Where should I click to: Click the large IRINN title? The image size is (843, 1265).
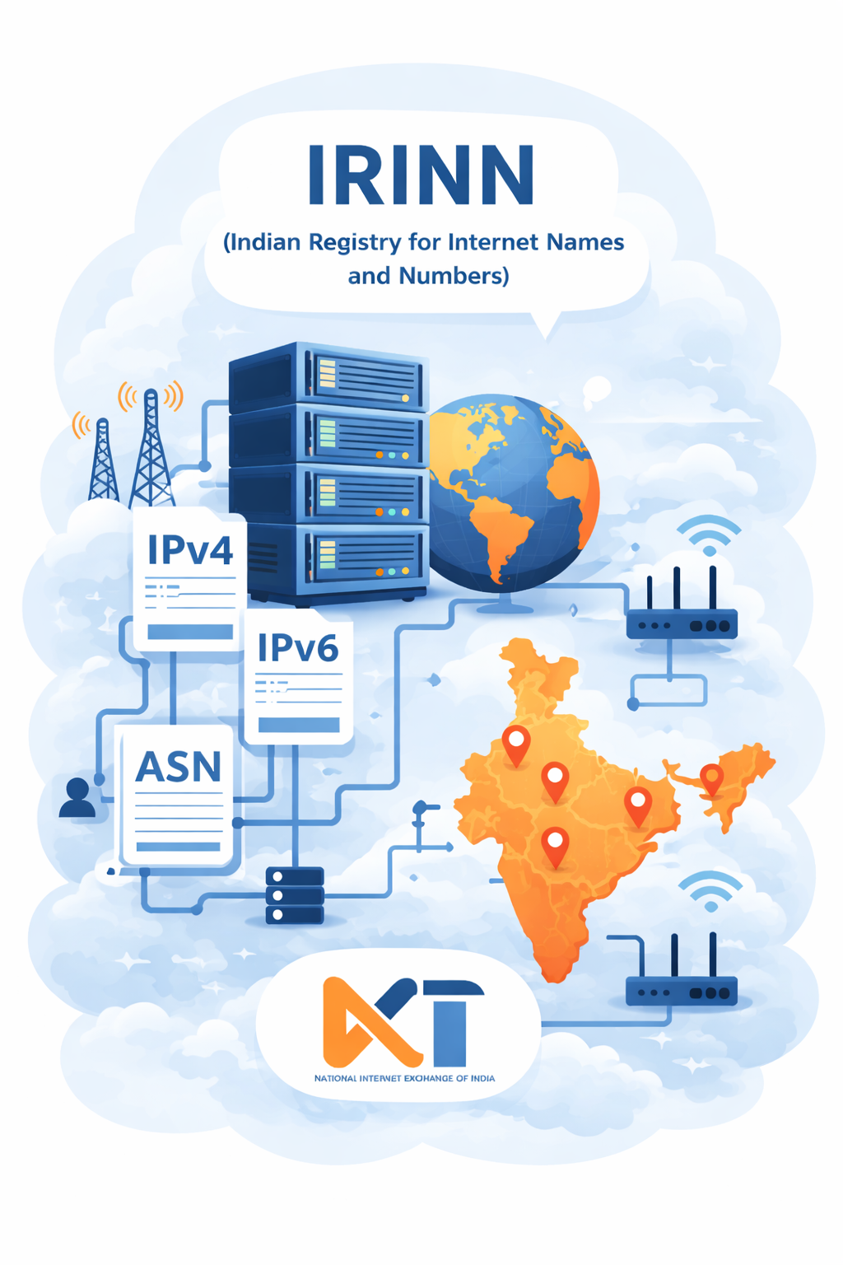(421, 175)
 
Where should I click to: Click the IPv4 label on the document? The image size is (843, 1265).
(189, 549)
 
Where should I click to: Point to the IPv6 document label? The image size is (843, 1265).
(298, 648)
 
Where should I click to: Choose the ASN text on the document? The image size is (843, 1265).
(178, 767)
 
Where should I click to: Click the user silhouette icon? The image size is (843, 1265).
(77, 797)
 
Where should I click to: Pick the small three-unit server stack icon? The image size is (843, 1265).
(294, 896)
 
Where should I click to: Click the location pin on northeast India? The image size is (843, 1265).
(711, 779)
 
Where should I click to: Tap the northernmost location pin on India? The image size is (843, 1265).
(516, 745)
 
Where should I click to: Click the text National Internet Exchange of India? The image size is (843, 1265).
(404, 1078)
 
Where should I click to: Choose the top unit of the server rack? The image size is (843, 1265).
(328, 376)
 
